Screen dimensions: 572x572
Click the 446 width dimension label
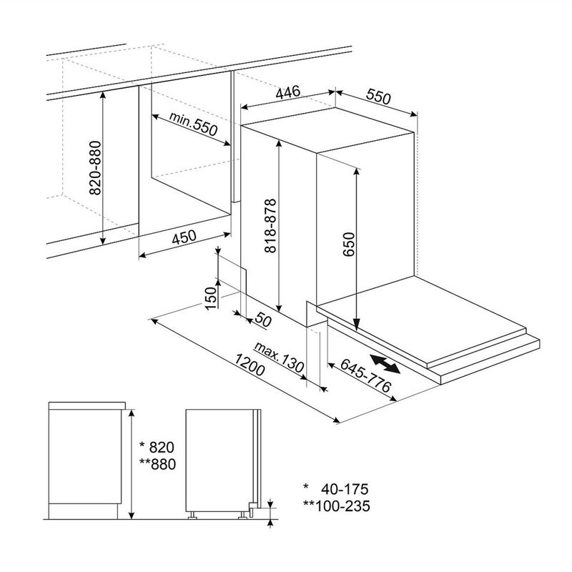pyautogui.click(x=288, y=92)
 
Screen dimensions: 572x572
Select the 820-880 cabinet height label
pyautogui.click(x=95, y=168)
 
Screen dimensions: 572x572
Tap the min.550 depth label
pyautogui.click(x=193, y=123)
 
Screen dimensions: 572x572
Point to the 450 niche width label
pyautogui.click(x=184, y=237)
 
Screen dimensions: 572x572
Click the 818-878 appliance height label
pyautogui.click(x=271, y=226)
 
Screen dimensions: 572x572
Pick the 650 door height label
pyautogui.click(x=349, y=244)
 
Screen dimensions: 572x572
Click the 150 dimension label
pyautogui.click(x=211, y=298)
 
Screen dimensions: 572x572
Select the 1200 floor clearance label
pyautogui.click(x=249, y=365)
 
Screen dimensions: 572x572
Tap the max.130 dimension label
pyautogui.click(x=279, y=357)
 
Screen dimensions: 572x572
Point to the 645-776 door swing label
pyautogui.click(x=366, y=375)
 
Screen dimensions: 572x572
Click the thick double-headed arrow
pyautogui.click(x=385, y=364)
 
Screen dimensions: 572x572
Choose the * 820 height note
pyautogui.click(x=157, y=448)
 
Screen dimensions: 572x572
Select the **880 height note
pyautogui.click(x=157, y=464)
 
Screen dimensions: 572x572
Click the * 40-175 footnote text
pyautogui.click(x=336, y=489)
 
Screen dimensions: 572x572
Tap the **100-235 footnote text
pyautogui.click(x=336, y=506)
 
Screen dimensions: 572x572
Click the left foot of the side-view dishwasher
pyautogui.click(x=192, y=515)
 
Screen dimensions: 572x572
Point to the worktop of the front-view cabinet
pyautogui.click(x=87, y=405)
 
